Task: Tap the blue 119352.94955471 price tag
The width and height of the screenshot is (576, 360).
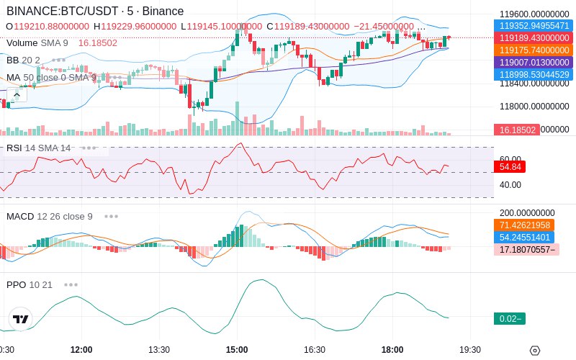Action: (534, 25)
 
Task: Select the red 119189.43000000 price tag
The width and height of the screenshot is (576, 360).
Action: (534, 37)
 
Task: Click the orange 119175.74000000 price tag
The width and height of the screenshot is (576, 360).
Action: (534, 50)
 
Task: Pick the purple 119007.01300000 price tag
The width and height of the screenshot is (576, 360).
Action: (534, 63)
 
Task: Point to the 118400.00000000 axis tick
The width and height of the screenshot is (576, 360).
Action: (534, 84)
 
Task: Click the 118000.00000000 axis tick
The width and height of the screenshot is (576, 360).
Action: (534, 107)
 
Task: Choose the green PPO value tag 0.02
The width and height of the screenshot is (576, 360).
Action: (509, 318)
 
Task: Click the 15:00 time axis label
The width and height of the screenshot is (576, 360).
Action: (237, 349)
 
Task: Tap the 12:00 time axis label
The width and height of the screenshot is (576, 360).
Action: (81, 349)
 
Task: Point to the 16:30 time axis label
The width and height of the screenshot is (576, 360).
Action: (315, 349)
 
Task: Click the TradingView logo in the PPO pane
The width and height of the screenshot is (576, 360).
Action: (21, 319)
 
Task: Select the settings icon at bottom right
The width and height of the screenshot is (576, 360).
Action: (534, 351)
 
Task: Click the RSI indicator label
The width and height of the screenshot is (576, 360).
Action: (14, 148)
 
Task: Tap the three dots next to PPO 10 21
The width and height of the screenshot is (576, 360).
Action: (71, 284)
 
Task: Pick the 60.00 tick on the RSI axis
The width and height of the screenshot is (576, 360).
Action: (510, 159)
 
